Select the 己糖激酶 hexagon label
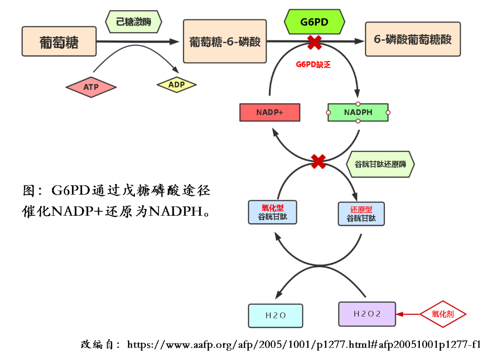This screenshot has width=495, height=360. [134, 22]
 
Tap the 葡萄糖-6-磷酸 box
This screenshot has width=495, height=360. [225, 41]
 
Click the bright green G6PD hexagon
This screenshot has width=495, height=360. [314, 22]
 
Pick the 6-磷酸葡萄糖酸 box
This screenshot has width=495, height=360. [412, 39]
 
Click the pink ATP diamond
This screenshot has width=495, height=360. [91, 87]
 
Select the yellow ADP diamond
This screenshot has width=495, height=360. [176, 85]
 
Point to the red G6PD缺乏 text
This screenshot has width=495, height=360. [313, 65]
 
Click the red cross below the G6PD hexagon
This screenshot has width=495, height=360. [314, 43]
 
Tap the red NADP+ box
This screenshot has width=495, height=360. [269, 112]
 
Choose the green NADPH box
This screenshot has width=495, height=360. [358, 112]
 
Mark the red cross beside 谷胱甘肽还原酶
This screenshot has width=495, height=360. [318, 161]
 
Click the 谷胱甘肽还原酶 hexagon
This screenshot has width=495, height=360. [380, 164]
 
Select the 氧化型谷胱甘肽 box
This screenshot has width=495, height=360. [272, 212]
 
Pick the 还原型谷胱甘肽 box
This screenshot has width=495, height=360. [361, 214]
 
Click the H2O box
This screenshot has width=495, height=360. [275, 316]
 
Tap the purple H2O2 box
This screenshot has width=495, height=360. [367, 314]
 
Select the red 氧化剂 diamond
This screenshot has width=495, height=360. [443, 314]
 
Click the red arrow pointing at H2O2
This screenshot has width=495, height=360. [408, 314]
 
